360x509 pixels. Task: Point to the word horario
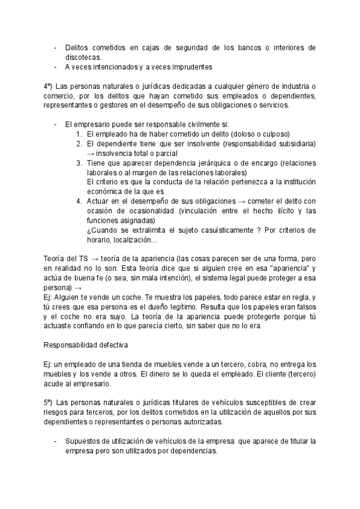[101, 240]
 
